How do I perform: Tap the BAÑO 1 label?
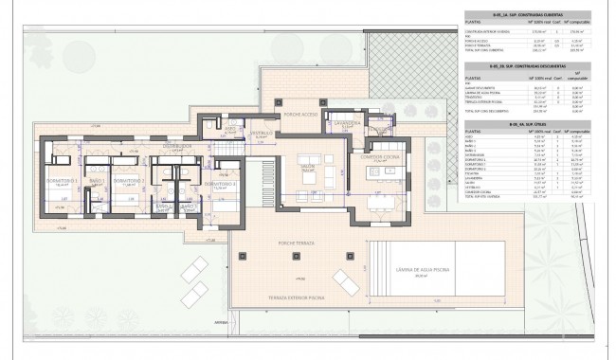coord(96,180)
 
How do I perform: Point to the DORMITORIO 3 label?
coord(225,183)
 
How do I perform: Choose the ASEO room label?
coord(217,135)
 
